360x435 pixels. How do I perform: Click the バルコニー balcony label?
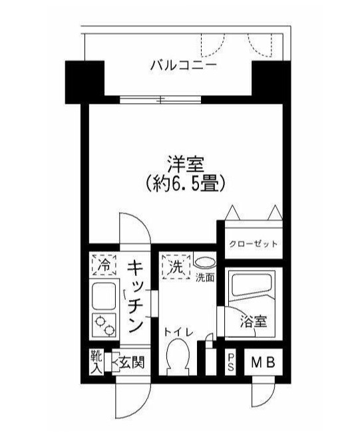[x=182, y=66]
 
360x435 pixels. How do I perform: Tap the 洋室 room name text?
[x=180, y=163]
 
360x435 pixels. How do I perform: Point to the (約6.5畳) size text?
[x=180, y=182]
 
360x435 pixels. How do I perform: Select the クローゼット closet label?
[x=254, y=244]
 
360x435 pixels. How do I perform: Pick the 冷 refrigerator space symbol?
[x=102, y=265]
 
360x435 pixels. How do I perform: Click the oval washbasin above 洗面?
[x=205, y=263]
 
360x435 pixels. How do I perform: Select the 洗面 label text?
[x=204, y=277]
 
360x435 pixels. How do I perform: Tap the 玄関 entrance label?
[x=130, y=363]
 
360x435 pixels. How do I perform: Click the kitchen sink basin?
[x=102, y=294]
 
